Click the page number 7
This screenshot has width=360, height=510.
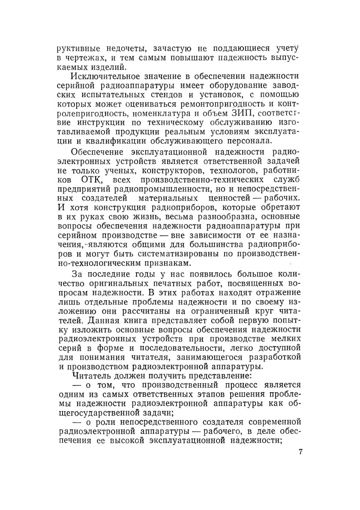300,453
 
